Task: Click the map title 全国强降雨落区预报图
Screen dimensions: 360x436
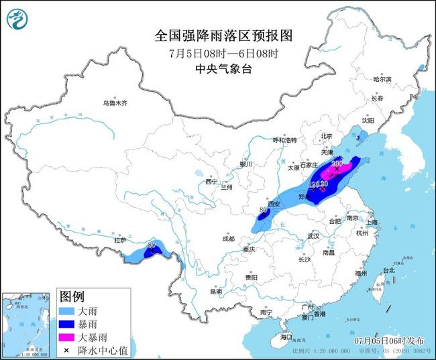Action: point(217,35)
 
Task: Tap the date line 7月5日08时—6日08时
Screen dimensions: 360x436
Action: point(217,53)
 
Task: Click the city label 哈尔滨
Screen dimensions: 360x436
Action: point(382,78)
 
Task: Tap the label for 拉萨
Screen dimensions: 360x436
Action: point(121,239)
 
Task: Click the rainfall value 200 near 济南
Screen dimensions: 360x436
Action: point(337,163)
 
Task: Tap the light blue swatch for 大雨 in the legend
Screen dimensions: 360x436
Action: point(70,312)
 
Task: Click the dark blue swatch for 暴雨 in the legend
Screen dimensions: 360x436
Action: point(70,325)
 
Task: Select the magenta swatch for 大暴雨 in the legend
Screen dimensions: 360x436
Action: point(70,338)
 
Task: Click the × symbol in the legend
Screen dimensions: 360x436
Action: point(70,350)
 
